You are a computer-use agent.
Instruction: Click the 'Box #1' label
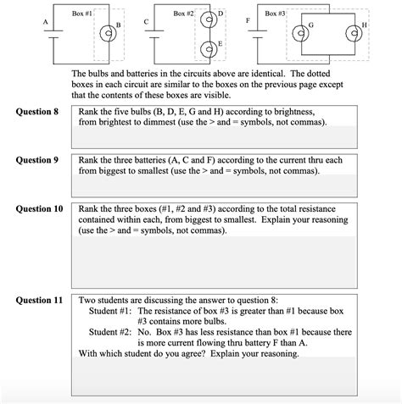coord(83,14)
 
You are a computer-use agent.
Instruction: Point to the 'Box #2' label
coord(184,14)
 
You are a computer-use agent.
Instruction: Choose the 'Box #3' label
coord(276,14)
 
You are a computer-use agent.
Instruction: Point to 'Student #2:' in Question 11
coord(111,332)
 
